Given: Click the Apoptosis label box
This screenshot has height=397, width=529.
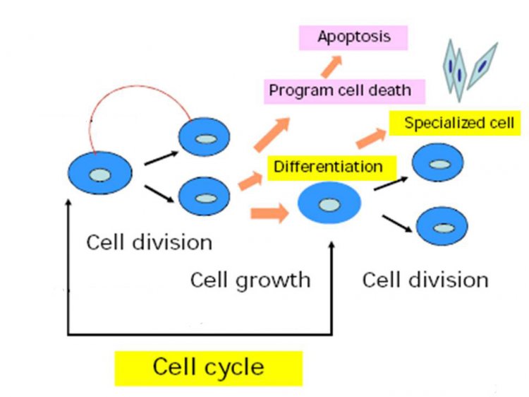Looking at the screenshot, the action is click(x=353, y=37).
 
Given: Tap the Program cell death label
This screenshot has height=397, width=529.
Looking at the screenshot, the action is click(x=344, y=91).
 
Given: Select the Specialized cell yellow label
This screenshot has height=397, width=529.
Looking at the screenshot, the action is click(x=455, y=123).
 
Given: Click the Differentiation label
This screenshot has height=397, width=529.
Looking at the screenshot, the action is click(x=332, y=167).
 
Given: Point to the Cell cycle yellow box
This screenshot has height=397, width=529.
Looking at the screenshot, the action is click(x=209, y=368).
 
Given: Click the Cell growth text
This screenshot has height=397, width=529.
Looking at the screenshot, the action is click(x=250, y=280).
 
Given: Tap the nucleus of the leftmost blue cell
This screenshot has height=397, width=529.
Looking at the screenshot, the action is click(x=100, y=175).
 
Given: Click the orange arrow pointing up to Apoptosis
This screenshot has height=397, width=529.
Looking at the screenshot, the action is click(x=332, y=66).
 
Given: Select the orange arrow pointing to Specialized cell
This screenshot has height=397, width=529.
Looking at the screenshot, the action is click(x=371, y=138).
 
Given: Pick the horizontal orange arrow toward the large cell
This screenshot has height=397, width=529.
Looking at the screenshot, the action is click(x=269, y=213).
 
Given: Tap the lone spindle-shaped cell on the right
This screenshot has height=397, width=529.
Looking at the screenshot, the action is click(x=482, y=66).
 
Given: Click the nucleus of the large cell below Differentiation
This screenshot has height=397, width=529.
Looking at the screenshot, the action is click(x=329, y=205).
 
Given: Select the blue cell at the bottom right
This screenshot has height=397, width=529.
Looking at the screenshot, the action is click(x=442, y=226).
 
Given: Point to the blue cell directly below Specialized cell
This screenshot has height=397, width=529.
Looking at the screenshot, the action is click(x=437, y=162).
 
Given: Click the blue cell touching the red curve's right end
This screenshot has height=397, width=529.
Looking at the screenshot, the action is click(x=204, y=137).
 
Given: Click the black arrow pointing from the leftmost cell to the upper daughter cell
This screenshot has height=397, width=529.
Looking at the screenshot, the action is click(x=162, y=158).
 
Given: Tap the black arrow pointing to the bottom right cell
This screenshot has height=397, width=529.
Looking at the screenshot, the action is click(x=397, y=224).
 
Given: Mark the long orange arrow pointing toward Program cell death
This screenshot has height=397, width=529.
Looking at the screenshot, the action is click(x=272, y=134).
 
